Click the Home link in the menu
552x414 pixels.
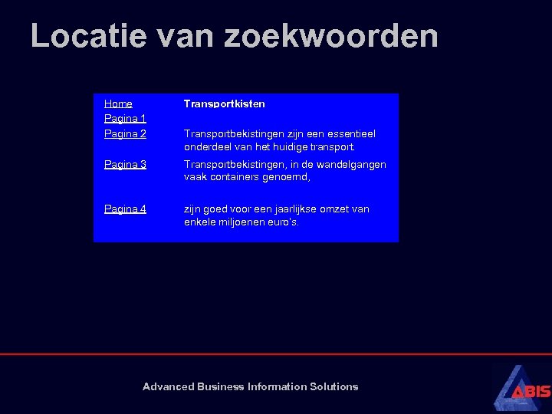click(118, 103)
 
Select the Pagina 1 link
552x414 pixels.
click(125, 119)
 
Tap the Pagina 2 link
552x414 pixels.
click(125, 134)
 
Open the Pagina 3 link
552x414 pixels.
click(125, 165)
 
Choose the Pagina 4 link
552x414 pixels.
click(125, 209)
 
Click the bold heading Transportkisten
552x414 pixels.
click(224, 103)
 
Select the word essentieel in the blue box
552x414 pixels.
click(351, 134)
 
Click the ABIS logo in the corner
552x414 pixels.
click(521, 388)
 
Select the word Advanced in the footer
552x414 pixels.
click(168, 386)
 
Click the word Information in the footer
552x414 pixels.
click(277, 386)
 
